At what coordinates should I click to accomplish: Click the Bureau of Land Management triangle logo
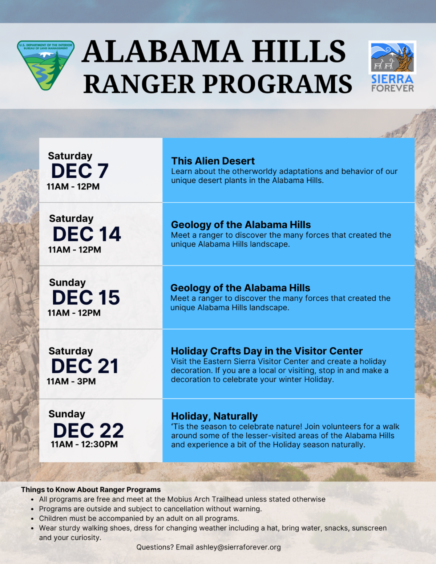point(46,64)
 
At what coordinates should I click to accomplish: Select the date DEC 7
point(80,171)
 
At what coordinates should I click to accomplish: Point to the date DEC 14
point(87,234)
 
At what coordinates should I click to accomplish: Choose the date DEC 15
point(86,297)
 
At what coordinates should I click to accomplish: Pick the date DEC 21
point(85,366)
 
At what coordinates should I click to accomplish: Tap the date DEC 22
point(88,430)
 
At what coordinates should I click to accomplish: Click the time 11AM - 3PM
point(71,381)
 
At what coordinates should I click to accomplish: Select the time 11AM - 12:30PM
point(84,444)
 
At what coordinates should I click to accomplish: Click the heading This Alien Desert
point(213,161)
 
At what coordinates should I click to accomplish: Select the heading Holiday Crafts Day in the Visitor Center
point(267,351)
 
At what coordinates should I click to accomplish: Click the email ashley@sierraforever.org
point(238,547)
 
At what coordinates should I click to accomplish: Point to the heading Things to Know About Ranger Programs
point(91,490)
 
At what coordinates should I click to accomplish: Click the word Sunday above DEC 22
point(67,414)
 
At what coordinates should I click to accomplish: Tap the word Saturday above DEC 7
point(70,156)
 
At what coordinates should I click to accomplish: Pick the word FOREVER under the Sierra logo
point(392,88)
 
